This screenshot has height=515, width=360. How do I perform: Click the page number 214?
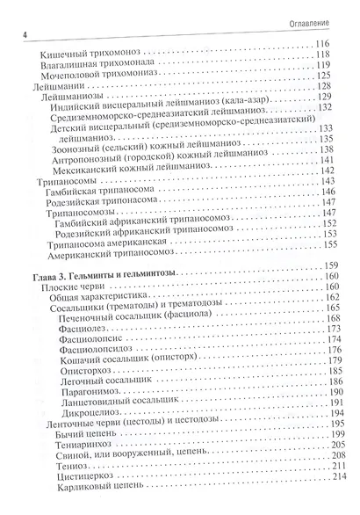(333, 498)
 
